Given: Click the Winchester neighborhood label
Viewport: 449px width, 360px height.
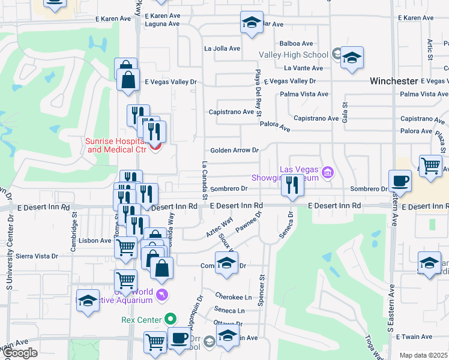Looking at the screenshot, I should (393, 80).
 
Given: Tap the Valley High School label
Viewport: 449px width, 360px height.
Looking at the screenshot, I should (294, 55).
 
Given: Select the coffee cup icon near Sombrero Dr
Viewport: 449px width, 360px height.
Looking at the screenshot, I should (400, 181).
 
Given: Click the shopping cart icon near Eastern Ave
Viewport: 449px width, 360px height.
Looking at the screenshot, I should (430, 164).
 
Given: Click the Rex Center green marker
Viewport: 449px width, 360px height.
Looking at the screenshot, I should (171, 319).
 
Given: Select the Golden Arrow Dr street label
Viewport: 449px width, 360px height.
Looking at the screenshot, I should (234, 150).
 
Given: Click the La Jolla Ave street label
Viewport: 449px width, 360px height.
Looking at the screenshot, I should (222, 49).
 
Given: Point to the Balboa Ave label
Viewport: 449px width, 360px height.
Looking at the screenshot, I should (297, 43).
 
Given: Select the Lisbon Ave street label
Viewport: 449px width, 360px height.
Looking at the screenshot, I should (95, 240).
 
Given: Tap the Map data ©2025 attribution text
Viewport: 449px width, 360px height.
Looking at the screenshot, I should (424, 355).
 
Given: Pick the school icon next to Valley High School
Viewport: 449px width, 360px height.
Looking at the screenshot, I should (352, 58).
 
